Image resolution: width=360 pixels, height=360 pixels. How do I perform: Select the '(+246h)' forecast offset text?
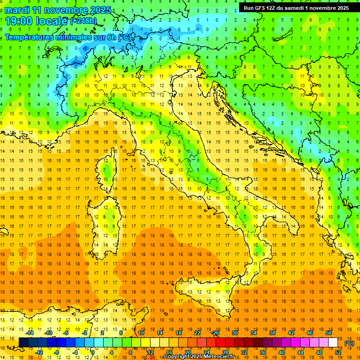click(x=83, y=21)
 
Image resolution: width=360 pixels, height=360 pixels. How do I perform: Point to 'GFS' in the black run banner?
click(x=263, y=8)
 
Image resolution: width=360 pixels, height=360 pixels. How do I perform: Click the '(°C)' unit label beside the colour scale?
click(x=349, y=343)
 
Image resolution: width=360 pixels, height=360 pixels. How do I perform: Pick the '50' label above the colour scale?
click(x=329, y=333)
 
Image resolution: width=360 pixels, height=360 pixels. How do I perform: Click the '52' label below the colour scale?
click(x=338, y=352)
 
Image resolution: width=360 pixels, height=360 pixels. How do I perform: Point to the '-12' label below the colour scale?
click(x=39, y=352)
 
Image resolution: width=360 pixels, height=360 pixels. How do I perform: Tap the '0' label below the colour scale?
click(x=93, y=352)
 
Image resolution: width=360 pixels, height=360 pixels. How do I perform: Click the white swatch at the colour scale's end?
click(x=333, y=343)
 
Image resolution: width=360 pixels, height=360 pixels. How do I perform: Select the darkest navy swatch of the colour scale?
click(x=23, y=343)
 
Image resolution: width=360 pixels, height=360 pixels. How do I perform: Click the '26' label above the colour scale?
click(x=216, y=333)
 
